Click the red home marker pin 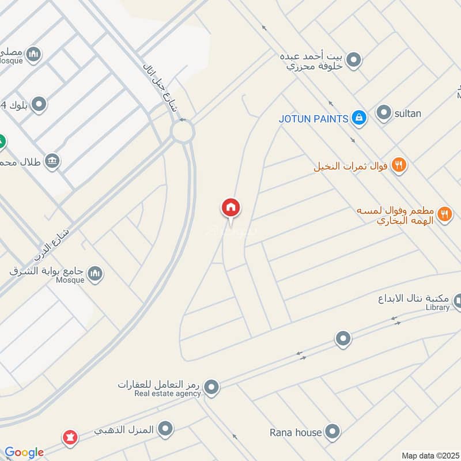[231, 208]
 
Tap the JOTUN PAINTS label [313, 119]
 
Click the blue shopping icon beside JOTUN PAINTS [358, 118]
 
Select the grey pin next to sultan [383, 113]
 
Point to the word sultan [407, 114]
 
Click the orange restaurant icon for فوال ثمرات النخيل [399, 166]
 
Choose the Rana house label [296, 432]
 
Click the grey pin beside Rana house [332, 431]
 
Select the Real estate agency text [168, 394]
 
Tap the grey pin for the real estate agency [211, 388]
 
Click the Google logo [24, 452]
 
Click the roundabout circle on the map [183, 132]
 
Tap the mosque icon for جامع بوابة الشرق [96, 274]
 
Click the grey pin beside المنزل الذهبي [165, 429]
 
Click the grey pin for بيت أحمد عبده [353, 60]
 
